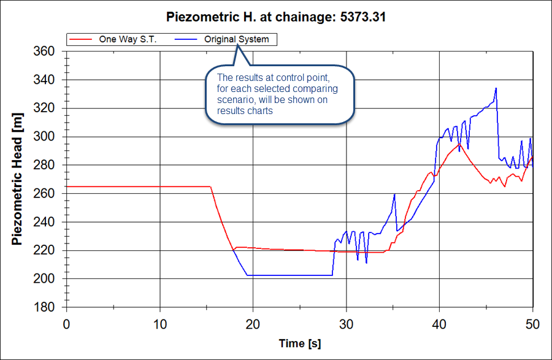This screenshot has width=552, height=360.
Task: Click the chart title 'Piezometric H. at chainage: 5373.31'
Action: [x=275, y=17]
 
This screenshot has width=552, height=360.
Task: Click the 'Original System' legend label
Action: [x=236, y=39]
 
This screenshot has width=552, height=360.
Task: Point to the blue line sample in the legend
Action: [x=187, y=39]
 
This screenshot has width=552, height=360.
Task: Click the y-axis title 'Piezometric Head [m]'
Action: [x=18, y=179]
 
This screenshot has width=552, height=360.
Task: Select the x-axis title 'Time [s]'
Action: [x=300, y=343]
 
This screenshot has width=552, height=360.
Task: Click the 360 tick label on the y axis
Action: [x=44, y=52]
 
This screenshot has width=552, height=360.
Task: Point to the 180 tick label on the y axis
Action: [x=44, y=307]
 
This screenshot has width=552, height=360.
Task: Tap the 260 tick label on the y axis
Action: [x=44, y=194]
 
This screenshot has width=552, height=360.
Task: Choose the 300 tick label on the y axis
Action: [x=44, y=137]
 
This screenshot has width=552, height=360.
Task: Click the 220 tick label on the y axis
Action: [x=44, y=250]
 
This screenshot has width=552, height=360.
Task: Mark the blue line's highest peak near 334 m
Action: [x=496, y=88]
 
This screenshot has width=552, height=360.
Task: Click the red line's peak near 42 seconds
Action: [x=458, y=144]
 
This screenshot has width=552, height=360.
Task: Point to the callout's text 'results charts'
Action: [x=245, y=112]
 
